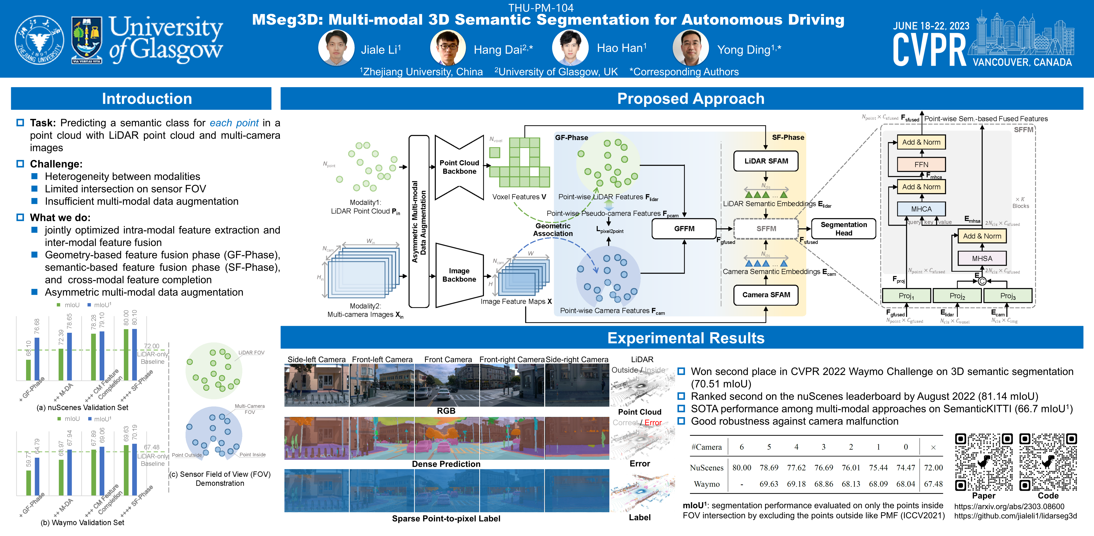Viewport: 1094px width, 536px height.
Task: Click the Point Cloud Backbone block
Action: pos(459,167)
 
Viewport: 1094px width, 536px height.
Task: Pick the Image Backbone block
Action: pos(459,275)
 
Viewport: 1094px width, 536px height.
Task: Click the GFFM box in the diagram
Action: pos(684,229)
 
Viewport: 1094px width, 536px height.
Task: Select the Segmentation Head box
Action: pos(844,229)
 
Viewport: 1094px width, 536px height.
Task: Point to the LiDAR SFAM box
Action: pos(766,161)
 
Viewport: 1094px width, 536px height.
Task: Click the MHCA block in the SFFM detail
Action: pos(921,209)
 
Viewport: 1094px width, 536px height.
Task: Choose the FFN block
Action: pos(921,165)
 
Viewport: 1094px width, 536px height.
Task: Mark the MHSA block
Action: pos(982,258)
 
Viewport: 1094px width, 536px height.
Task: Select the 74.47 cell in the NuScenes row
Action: pos(905,467)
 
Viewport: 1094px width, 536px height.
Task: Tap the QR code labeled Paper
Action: pos(984,462)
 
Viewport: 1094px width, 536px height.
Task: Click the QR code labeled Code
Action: pos(1048,462)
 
